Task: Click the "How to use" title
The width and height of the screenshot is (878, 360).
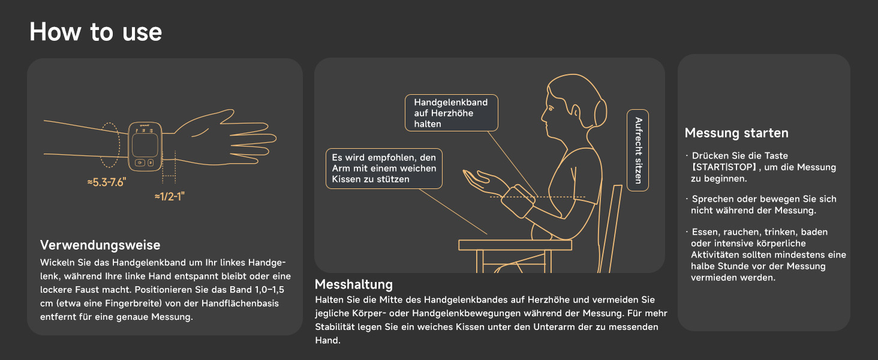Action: (x=95, y=32)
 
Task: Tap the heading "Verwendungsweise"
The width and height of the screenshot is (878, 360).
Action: (x=100, y=245)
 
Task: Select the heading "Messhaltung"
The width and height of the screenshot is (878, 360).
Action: (x=354, y=284)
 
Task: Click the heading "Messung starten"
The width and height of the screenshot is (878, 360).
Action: (x=736, y=133)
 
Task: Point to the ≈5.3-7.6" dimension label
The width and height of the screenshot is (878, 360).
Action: (x=107, y=182)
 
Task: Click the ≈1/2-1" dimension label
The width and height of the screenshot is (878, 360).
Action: (x=169, y=196)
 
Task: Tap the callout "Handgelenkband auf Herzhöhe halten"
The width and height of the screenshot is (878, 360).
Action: (x=452, y=113)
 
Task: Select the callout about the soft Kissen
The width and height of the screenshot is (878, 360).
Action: (x=384, y=169)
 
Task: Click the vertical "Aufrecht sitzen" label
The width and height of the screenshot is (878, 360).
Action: (x=638, y=151)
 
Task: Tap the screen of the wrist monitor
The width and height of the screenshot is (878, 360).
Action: (x=145, y=145)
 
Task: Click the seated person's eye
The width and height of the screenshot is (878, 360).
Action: (x=551, y=108)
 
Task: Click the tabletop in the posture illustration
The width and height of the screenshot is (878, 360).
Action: (x=515, y=245)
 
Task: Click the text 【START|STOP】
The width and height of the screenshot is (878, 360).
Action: (x=724, y=167)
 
